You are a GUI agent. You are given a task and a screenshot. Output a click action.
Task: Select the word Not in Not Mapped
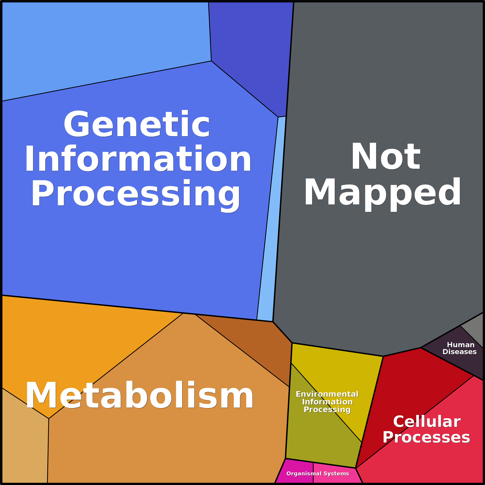coord(386,156)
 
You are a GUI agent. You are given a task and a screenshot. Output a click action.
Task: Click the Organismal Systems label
coord(318,473)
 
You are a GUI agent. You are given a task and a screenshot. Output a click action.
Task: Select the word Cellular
coord(427,421)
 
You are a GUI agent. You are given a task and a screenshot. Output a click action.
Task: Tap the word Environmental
coord(327,394)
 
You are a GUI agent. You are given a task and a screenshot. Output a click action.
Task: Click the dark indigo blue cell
coord(251,50)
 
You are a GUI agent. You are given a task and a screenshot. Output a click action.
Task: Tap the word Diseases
coord(459,352)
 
